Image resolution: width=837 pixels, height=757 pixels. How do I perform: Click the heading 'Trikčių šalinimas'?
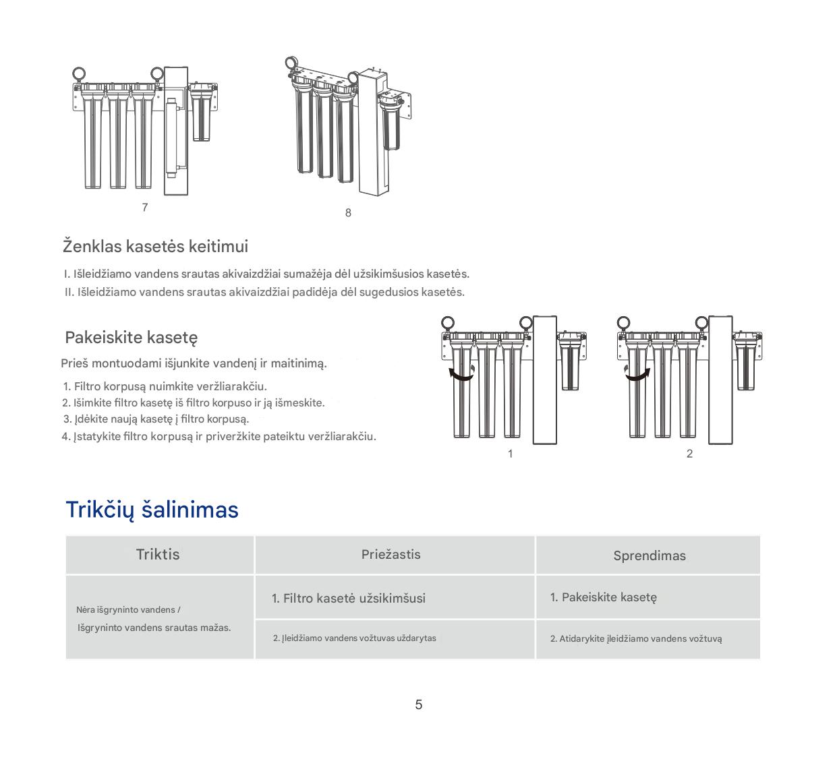tap(152, 510)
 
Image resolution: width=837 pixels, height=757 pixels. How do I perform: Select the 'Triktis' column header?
tap(158, 554)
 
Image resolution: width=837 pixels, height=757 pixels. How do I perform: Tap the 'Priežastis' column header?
tap(391, 555)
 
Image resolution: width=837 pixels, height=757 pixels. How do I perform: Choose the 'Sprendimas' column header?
tap(649, 555)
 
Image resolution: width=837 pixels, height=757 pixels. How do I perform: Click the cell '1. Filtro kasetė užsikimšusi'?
tap(348, 598)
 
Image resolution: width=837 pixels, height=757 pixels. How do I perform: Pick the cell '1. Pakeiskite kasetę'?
tap(603, 597)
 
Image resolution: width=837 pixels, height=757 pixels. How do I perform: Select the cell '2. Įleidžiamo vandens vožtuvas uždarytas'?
tap(354, 638)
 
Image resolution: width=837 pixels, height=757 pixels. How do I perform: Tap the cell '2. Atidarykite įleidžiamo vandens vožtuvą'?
tap(635, 639)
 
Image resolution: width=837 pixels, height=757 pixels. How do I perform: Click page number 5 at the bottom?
tap(419, 704)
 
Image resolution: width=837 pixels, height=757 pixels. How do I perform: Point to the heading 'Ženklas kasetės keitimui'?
tap(155, 246)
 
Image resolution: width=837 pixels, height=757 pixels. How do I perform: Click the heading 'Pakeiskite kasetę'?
tap(131, 337)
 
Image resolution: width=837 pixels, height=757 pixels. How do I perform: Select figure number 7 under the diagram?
tap(145, 208)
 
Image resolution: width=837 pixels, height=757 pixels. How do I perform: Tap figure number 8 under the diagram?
tap(348, 213)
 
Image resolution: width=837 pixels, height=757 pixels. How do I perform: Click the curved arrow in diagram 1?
tap(461, 375)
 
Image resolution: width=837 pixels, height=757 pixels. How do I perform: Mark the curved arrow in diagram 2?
tap(637, 375)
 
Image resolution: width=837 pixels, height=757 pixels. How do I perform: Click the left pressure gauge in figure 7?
tap(78, 73)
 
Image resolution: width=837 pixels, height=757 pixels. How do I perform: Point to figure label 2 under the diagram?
tap(689, 454)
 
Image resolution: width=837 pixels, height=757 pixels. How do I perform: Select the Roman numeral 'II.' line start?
tap(69, 293)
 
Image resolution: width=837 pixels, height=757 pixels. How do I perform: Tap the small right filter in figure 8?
tap(390, 121)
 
